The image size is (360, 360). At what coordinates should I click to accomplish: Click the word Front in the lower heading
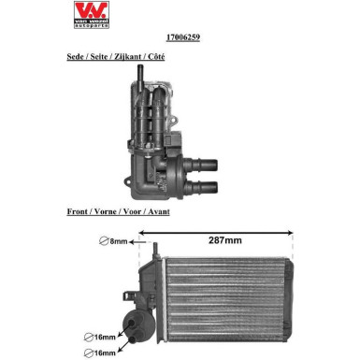pos(79,212)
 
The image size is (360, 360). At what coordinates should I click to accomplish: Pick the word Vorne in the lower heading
pos(109,212)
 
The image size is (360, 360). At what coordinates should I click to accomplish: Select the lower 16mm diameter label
pos(105,353)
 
